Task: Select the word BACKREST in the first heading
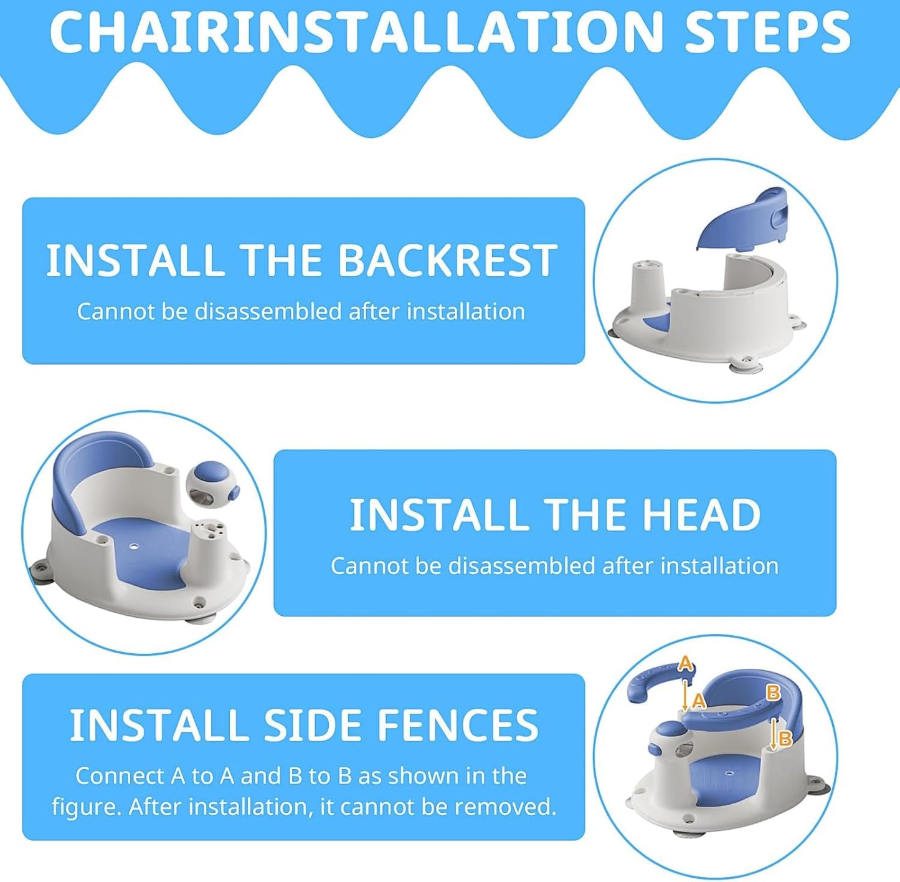click(x=447, y=261)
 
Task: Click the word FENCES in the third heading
click(x=457, y=725)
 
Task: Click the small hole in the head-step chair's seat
click(x=135, y=545)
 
